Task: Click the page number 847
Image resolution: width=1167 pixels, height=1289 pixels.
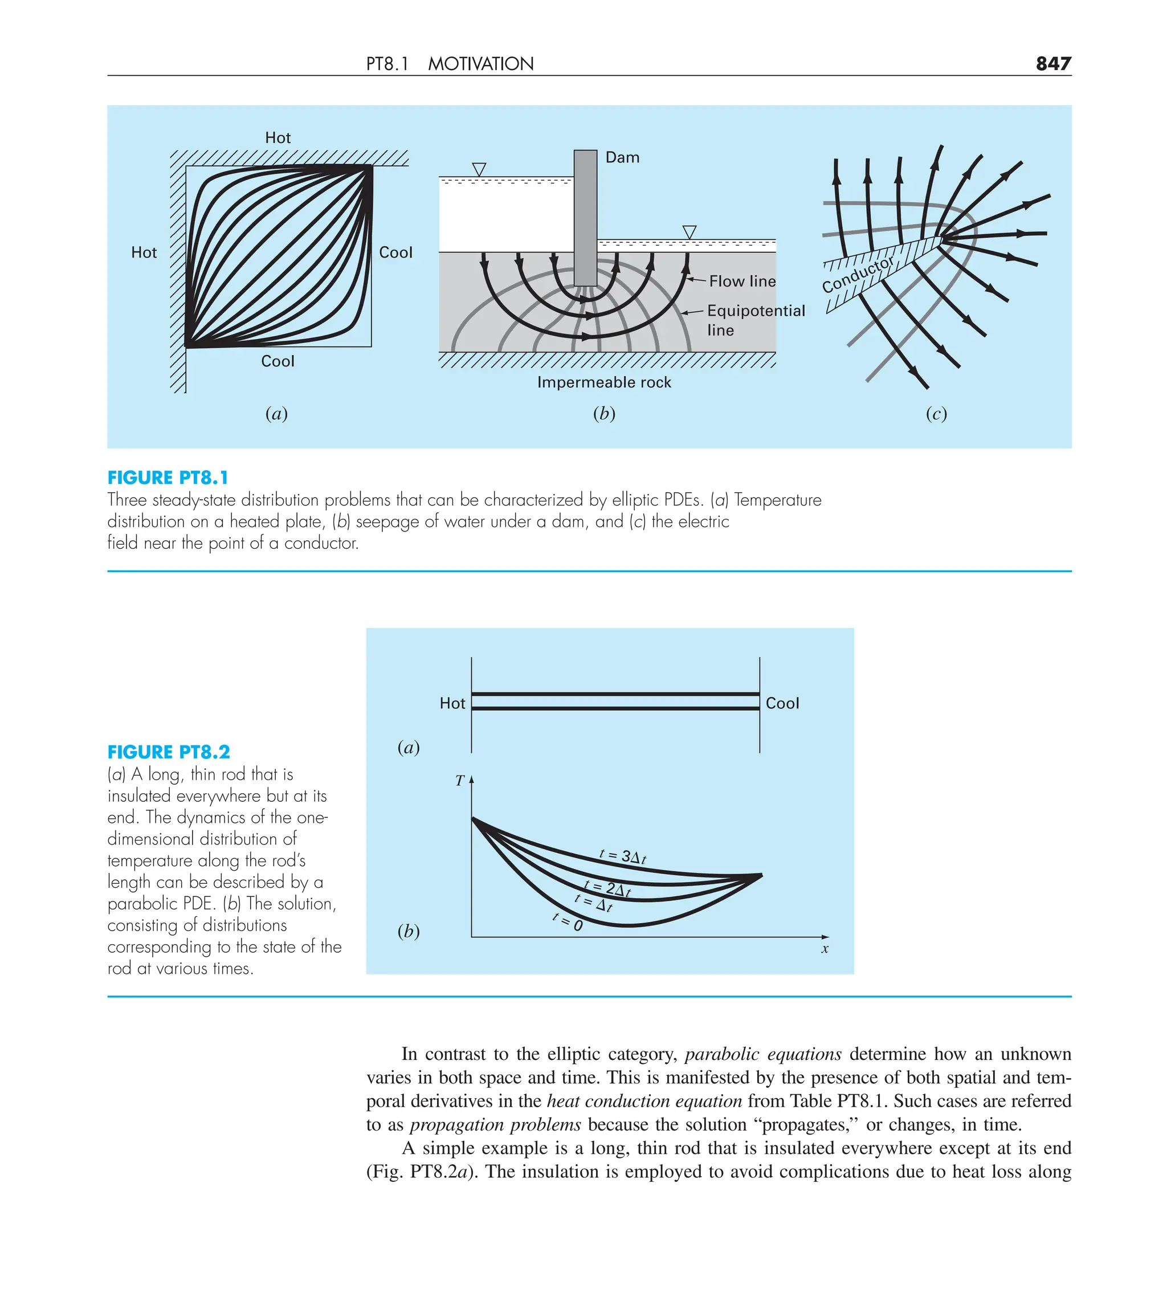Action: [1053, 63]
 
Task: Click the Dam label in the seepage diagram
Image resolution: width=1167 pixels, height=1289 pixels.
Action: [622, 157]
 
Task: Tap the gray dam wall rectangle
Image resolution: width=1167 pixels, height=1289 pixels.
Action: [585, 217]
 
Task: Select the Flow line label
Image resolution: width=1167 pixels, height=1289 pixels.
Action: [742, 282]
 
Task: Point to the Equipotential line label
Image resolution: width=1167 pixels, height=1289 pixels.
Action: [755, 320]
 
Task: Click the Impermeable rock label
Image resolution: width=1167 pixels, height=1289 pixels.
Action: [603, 382]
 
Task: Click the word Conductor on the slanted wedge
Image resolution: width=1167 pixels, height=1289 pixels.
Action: [858, 275]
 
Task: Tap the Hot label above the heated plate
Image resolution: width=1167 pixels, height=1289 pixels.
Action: [278, 137]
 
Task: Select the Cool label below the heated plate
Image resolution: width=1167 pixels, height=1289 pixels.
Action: [278, 361]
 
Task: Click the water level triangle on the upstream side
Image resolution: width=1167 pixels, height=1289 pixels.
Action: [479, 169]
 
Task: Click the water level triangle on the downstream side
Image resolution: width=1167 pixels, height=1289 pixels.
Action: [689, 231]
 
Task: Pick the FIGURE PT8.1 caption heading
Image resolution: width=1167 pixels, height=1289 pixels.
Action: [168, 478]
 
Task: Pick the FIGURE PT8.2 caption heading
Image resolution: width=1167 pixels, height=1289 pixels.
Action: [168, 752]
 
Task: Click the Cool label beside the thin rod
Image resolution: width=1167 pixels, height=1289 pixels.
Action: [782, 703]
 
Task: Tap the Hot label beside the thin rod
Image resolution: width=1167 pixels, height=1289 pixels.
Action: [452, 703]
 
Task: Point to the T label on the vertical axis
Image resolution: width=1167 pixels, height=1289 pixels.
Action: [459, 781]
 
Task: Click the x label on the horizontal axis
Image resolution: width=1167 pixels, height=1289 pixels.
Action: [825, 949]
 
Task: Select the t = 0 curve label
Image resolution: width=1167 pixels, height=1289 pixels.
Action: [568, 922]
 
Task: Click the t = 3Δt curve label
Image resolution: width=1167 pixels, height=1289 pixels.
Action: [623, 857]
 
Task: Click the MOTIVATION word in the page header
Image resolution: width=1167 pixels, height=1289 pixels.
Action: [480, 64]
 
